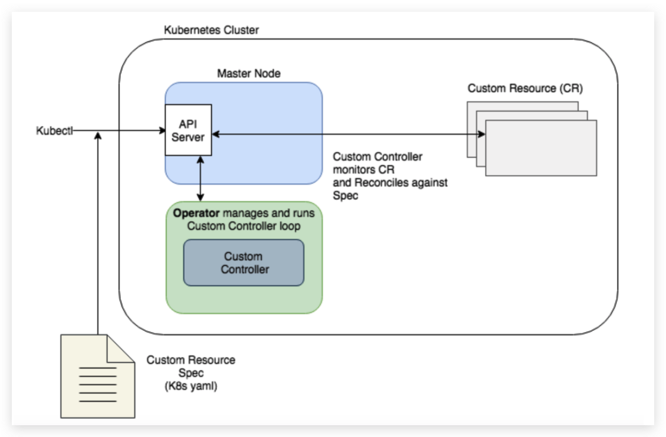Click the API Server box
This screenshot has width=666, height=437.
click(x=188, y=130)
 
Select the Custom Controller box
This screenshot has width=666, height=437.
click(x=244, y=263)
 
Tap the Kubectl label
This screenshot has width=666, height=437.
click(x=55, y=130)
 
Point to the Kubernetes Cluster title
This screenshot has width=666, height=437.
click(x=211, y=30)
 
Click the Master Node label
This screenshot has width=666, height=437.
click(x=249, y=74)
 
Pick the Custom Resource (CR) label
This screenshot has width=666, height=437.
click(x=526, y=88)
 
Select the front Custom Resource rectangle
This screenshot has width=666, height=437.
click(x=541, y=147)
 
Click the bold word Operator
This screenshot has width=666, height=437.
click(x=192, y=212)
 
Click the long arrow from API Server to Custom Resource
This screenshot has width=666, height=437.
click(x=348, y=135)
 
